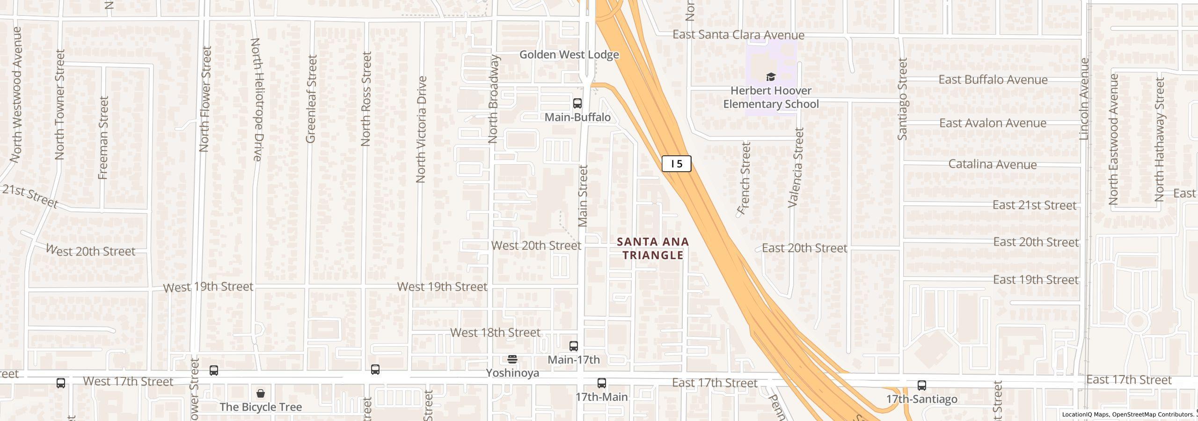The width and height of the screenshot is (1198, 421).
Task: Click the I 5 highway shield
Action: tap(676, 164)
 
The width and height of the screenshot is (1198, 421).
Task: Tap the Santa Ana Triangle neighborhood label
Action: tap(653, 248)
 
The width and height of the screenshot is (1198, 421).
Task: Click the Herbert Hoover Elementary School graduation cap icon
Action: tap(770, 77)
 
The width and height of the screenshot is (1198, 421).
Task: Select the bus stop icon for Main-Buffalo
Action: tap(577, 103)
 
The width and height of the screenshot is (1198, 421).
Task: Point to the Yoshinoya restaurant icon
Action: tap(512, 359)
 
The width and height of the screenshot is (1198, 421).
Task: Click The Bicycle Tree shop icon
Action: tap(261, 393)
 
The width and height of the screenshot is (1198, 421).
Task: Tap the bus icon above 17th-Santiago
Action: tap(921, 385)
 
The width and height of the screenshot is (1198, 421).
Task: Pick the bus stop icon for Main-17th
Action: tap(573, 346)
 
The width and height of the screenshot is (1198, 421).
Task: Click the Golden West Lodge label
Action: tap(569, 55)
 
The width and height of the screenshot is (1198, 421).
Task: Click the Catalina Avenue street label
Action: tap(992, 165)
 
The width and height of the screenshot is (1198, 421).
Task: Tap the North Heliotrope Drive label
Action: tap(256, 100)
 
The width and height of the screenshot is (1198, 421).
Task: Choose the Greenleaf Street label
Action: tap(311, 99)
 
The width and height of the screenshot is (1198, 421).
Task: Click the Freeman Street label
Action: tap(103, 138)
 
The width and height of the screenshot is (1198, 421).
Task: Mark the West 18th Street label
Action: tap(495, 333)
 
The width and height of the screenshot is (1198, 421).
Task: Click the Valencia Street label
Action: tap(796, 167)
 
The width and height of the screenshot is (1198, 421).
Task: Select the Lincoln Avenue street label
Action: tap(1084, 99)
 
